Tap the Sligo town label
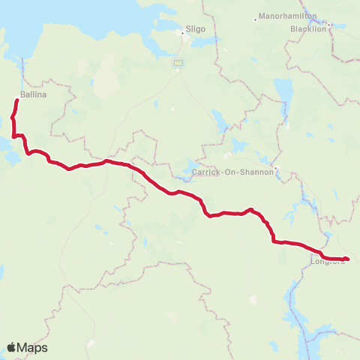click(194, 23)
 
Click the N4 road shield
click(178, 63)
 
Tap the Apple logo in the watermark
click(12, 347)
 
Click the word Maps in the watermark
click(34, 347)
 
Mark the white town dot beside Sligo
click(181, 33)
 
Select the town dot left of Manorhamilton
click(256, 18)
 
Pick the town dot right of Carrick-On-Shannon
click(276, 168)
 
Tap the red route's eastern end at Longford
click(347, 259)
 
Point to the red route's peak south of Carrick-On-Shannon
click(251, 209)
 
